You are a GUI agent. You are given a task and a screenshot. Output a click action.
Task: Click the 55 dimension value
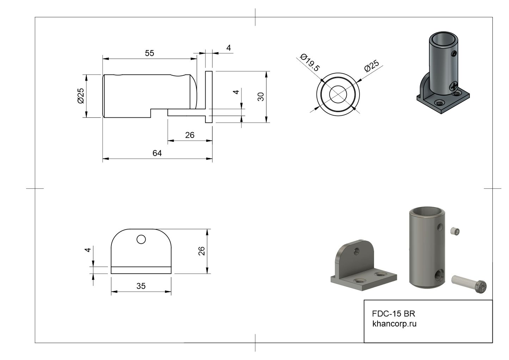pos(149,53)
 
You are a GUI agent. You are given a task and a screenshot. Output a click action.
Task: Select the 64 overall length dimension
pos(157,153)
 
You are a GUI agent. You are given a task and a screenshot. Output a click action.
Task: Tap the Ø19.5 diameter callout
pos(309,63)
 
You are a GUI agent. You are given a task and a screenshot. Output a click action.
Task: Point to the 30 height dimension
pos(261,97)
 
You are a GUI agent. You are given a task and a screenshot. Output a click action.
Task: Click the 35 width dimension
pos(141,286)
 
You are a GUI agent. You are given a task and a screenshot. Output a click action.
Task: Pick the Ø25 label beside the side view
pos(81,96)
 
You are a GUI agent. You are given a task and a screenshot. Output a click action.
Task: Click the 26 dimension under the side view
pos(190,135)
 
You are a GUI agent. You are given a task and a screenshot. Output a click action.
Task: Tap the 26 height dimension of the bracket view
pos(201,251)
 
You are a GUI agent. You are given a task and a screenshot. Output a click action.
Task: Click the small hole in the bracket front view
pos(141,239)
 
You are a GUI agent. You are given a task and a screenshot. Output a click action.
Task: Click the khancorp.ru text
pos(394,324)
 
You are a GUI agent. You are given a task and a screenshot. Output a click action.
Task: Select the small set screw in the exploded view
pos(455,231)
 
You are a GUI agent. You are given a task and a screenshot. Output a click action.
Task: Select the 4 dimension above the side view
pos(228,48)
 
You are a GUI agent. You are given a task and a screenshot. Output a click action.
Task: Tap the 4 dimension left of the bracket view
pos(88,250)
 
